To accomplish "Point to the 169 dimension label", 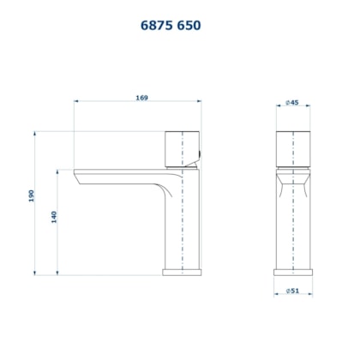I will pyautogui.click(x=142, y=98).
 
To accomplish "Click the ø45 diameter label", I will pyautogui.click(x=292, y=103).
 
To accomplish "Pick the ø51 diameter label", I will pyautogui.click(x=293, y=291).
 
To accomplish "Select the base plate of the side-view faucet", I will pyautogui.click(x=182, y=273).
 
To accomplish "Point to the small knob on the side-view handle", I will pyautogui.click(x=201, y=156).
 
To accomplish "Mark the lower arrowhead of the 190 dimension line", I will pyautogui.click(x=34, y=273).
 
